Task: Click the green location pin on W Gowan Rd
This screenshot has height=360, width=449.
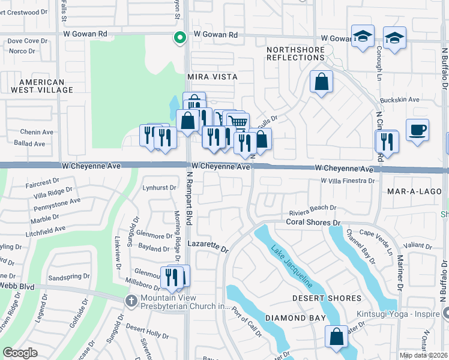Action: [179, 38]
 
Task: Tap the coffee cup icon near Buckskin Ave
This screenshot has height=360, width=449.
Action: [417, 130]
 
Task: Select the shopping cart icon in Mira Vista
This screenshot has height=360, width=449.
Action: [238, 122]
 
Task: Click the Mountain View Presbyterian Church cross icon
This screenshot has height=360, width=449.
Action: [131, 300]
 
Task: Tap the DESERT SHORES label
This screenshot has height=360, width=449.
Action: [327, 298]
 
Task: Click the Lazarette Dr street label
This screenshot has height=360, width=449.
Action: [208, 247]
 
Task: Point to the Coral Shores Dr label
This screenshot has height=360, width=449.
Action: [313, 222]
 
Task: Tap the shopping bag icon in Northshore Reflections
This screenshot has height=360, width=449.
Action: [321, 82]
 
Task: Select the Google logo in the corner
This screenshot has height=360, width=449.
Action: [20, 352]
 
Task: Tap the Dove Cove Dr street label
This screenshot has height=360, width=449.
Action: [27, 41]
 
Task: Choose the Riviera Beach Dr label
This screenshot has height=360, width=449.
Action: [312, 208]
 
